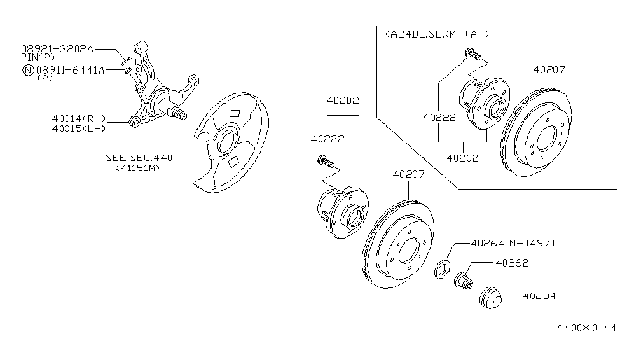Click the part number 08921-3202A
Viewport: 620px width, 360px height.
[x=57, y=48]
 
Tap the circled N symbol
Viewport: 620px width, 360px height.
[x=27, y=70]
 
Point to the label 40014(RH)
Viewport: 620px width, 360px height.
[x=79, y=118]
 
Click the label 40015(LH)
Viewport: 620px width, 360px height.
[x=79, y=128]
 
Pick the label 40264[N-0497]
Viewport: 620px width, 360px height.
[x=513, y=243]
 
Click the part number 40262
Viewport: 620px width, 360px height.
[x=512, y=262]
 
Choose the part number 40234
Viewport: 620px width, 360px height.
[x=540, y=295]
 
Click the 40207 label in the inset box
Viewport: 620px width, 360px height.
[x=549, y=70]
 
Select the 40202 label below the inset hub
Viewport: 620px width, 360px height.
[x=462, y=158]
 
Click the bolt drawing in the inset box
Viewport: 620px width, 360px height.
[x=471, y=54]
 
